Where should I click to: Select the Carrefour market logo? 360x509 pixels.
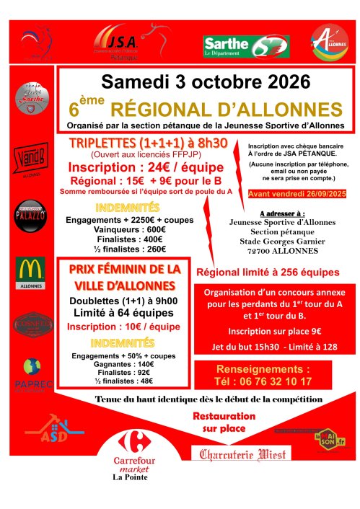click(131, 451)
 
